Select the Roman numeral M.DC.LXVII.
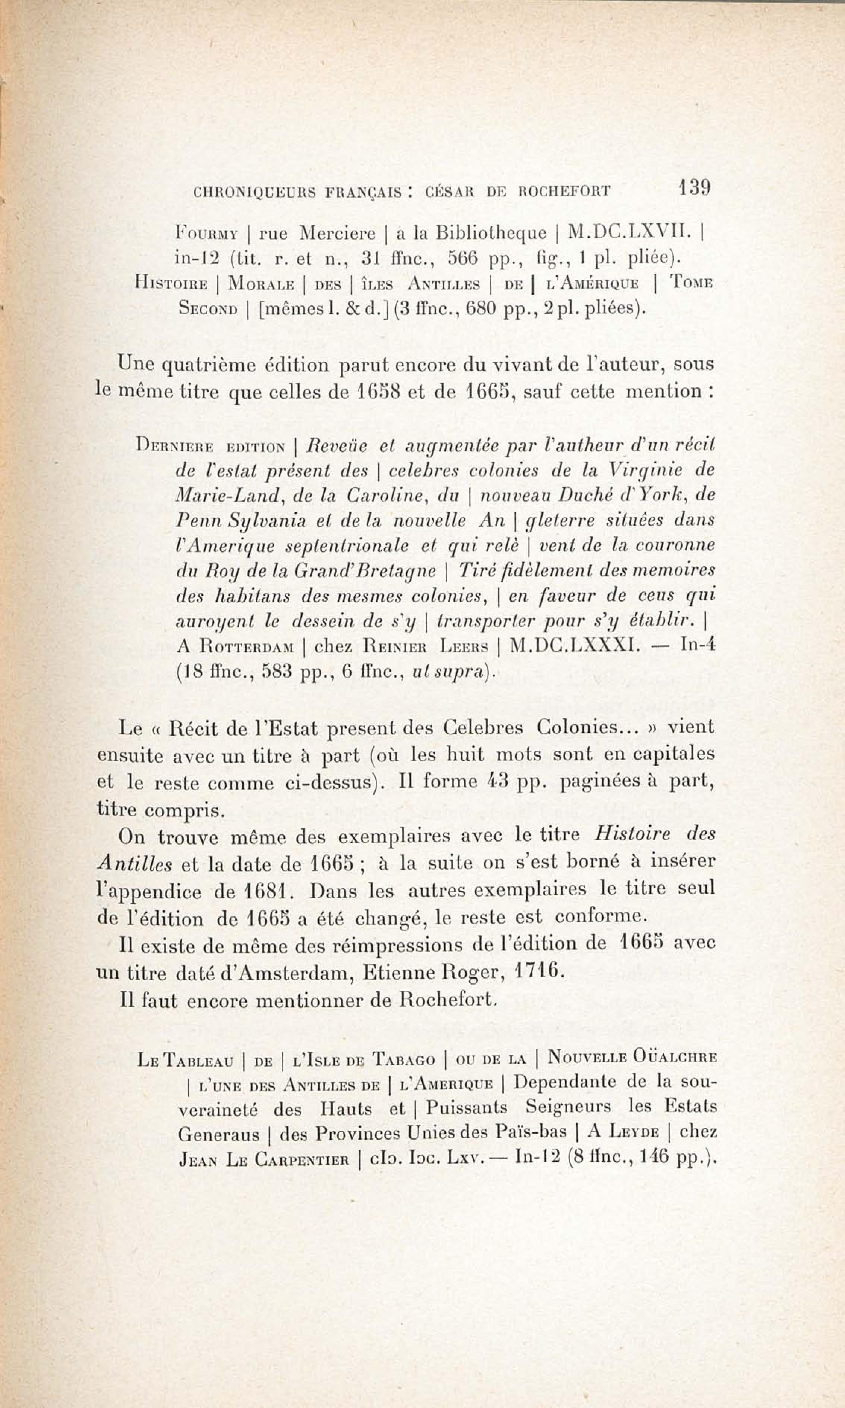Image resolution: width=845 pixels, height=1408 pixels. (x=630, y=233)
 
